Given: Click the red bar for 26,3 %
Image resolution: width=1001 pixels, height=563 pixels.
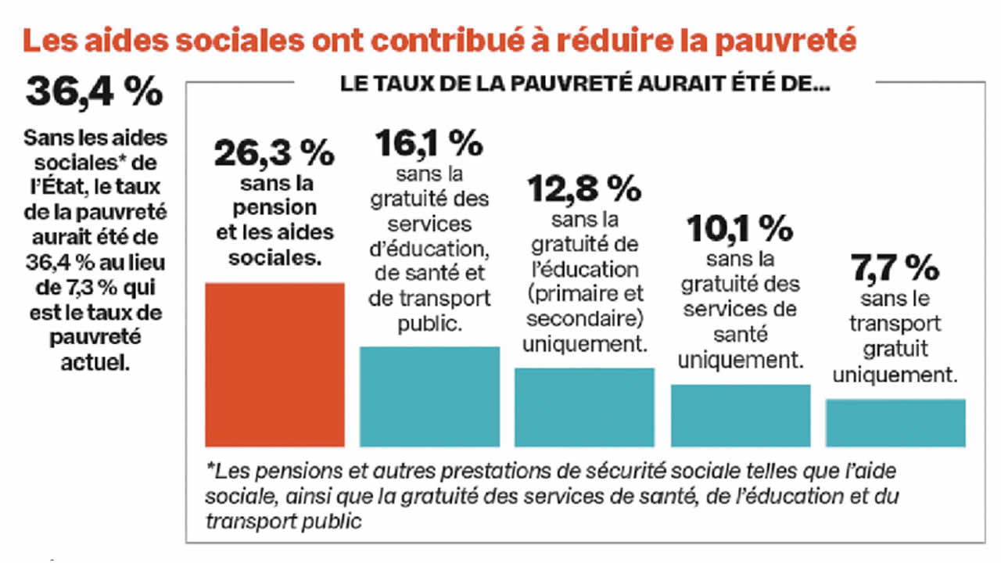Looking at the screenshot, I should (274, 364).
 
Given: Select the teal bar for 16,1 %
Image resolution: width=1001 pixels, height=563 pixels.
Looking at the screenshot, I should (429, 396).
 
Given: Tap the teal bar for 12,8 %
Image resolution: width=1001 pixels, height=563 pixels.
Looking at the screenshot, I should (584, 407).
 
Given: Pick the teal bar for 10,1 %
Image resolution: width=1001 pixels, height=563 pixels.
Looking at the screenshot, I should (741, 415).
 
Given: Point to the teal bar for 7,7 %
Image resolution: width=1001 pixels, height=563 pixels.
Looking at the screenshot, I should (895, 422).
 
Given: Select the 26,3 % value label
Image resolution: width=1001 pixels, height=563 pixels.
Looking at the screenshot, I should (273, 154).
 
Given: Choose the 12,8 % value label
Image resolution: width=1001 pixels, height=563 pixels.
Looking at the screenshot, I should (584, 188).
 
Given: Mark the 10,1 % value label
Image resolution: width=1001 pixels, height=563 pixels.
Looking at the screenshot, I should (740, 228).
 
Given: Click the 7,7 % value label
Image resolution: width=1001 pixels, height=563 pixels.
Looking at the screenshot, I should (895, 270).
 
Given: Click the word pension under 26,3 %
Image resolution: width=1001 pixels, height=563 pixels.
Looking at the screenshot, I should (273, 208).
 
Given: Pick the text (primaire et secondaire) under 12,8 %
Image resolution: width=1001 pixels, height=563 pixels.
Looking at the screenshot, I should (584, 307).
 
